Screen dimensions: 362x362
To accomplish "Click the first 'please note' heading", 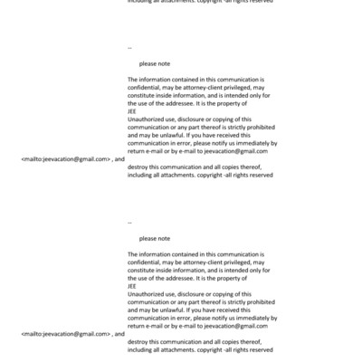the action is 155,63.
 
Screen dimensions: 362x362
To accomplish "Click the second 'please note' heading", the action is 155,238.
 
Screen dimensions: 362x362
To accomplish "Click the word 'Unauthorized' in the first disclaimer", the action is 148,119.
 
